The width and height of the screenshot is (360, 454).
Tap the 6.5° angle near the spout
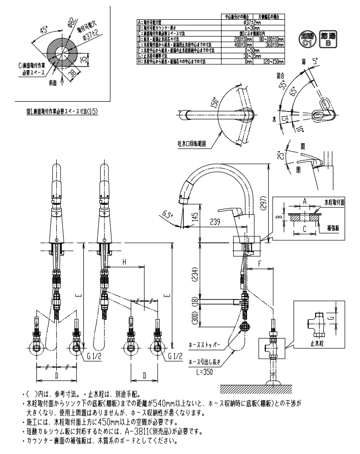(x=168, y=214)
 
